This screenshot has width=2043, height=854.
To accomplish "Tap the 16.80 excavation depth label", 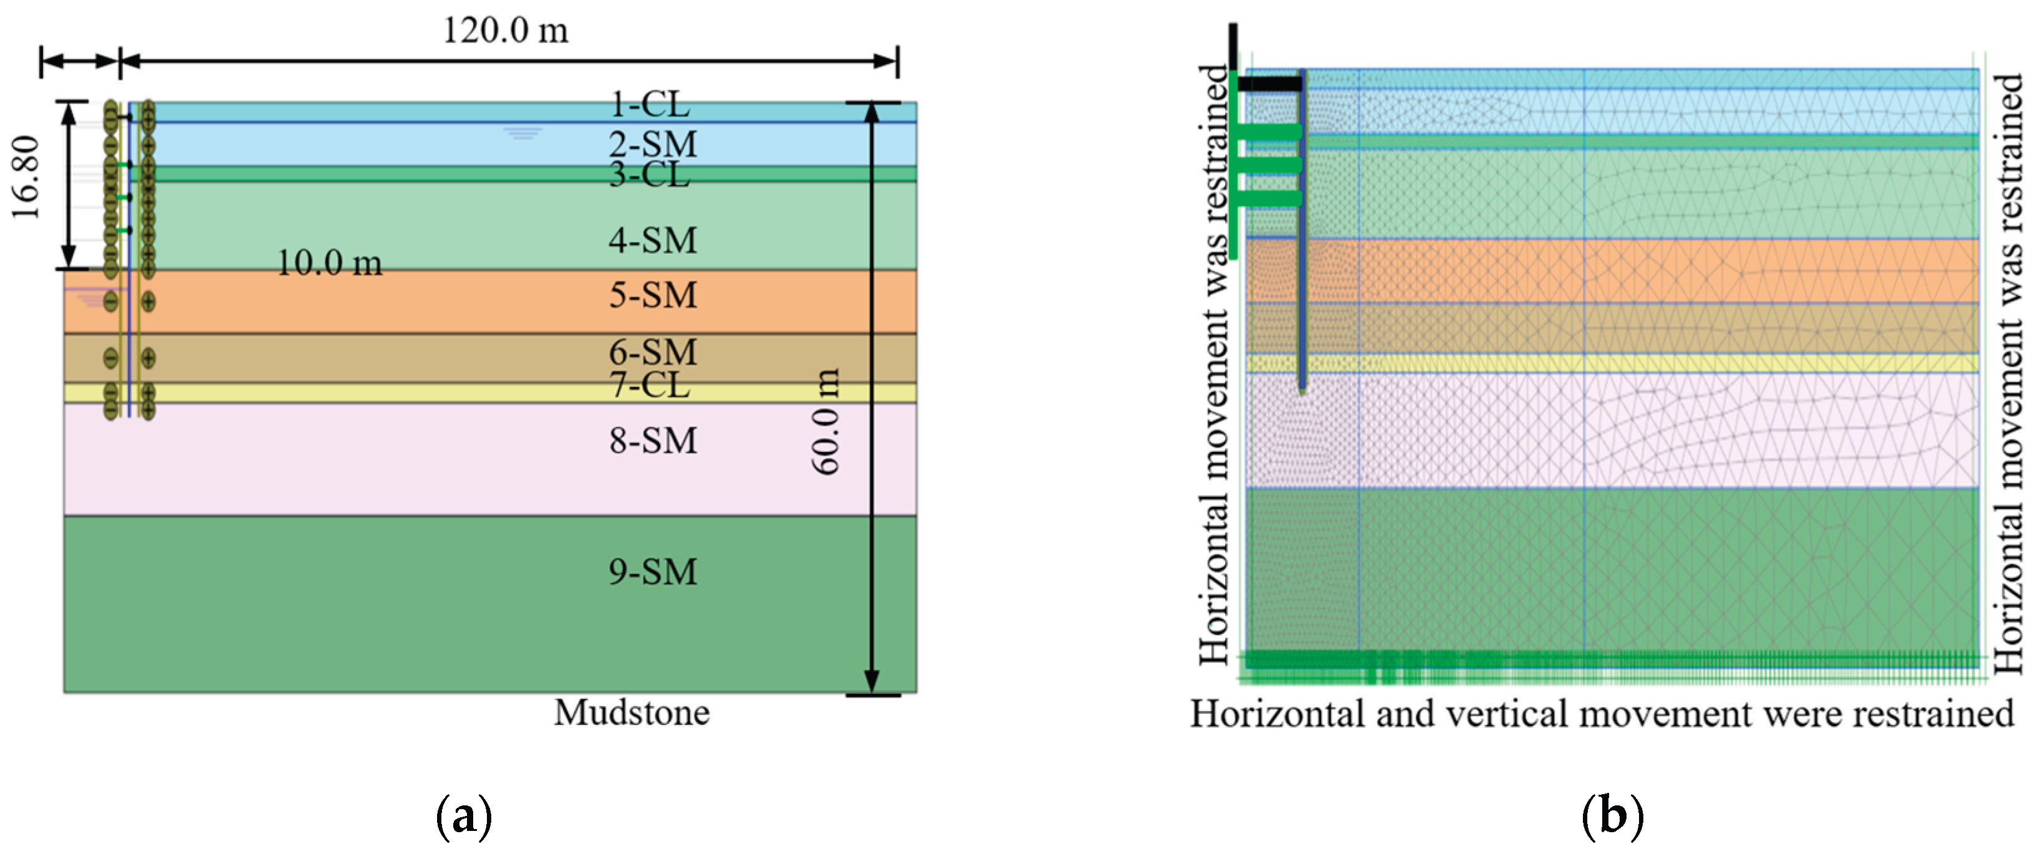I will (26, 178).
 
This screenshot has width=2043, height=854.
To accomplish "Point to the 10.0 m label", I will (329, 262).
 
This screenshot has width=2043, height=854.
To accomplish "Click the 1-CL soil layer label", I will (650, 104).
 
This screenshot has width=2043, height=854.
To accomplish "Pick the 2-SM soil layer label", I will (653, 145).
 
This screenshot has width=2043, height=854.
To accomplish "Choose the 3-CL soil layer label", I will (650, 174).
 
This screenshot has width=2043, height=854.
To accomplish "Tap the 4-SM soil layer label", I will (653, 239).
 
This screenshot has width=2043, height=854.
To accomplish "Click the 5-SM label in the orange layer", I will (653, 295).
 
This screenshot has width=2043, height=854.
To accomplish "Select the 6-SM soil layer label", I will (653, 352).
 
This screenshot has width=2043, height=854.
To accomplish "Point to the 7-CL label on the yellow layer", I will (650, 385).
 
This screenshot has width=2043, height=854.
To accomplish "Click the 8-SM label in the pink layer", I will (653, 440).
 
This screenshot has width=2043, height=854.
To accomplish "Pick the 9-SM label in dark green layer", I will (653, 572).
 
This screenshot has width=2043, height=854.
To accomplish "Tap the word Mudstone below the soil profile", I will (632, 712).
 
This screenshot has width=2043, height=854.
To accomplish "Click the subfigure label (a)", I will (464, 816).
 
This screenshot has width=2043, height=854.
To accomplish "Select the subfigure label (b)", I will (1612, 816).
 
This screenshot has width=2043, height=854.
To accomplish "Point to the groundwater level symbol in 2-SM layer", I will (522, 132).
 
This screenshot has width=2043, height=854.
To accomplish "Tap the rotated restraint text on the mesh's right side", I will (2007, 373).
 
